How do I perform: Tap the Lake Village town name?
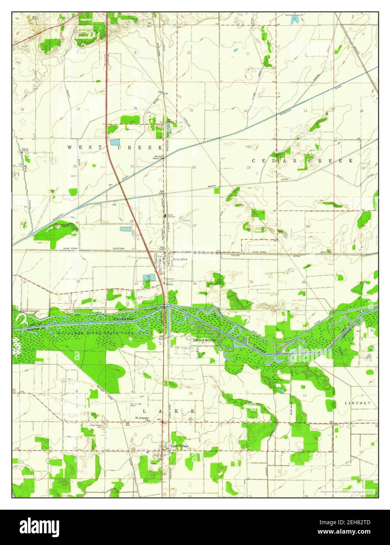pyautogui.click(x=179, y=446)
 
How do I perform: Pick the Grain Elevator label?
pyautogui.click(x=170, y=216)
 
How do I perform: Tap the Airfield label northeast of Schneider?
pyautogui.click(x=186, y=220)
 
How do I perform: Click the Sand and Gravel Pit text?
pyautogui.click(x=296, y=15)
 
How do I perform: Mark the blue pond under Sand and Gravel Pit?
pyautogui.click(x=296, y=19)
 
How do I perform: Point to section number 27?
pyautogui.click(x=195, y=225)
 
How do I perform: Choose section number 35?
pyautogui.click(x=251, y=282)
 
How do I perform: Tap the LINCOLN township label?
pyautogui.click(x=357, y=403)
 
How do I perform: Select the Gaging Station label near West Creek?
pyautogui.click(x=21, y=151)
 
